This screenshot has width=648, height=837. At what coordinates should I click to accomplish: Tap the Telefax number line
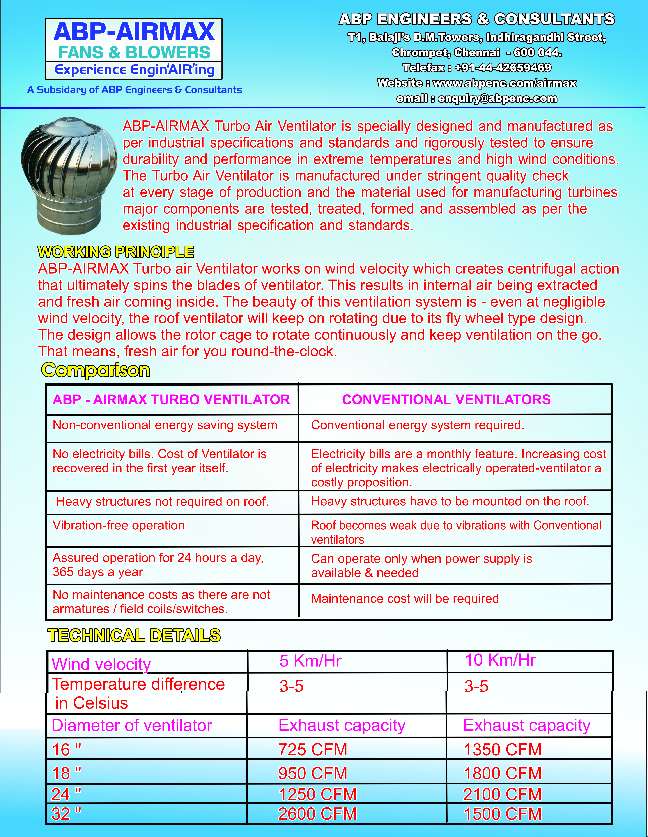coord(476,68)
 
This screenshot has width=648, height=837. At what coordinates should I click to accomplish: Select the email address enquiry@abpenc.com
coord(497,99)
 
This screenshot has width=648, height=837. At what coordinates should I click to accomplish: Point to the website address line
coord(476,83)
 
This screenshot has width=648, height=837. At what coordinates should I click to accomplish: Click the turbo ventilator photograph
coord(69,174)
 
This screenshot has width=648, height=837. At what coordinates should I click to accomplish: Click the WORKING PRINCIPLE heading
coord(116,252)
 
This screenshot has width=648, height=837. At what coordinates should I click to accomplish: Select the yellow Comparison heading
coord(96,370)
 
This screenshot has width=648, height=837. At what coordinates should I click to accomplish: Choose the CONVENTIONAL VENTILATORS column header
coord(446,400)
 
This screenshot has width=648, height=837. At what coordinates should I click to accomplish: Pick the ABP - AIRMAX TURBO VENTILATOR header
coord(171,400)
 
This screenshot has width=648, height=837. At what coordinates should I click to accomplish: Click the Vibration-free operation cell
coord(119,525)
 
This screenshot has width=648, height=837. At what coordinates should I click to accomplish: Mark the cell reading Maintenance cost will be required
coord(405,599)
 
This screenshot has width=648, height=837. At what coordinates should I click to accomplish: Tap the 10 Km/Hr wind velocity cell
coord(500,660)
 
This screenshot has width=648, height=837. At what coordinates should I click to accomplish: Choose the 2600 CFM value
coord(317,814)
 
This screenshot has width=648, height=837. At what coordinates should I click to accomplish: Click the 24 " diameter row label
coord(66,794)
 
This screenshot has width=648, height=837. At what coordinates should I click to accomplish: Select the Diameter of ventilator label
coord(132,725)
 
